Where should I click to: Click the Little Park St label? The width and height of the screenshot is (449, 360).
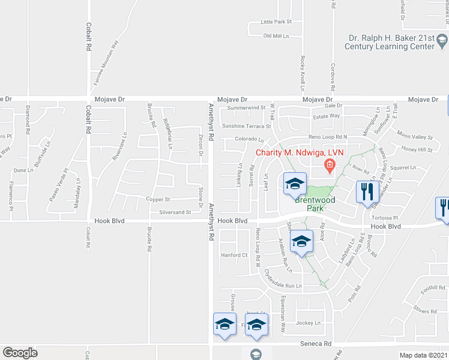point(276,22)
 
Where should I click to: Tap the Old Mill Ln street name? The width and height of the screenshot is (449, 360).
point(276,36)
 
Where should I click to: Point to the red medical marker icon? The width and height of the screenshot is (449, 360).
point(329,164)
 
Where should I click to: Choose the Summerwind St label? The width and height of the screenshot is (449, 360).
point(243,108)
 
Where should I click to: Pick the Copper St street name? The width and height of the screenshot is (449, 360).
point(158,199)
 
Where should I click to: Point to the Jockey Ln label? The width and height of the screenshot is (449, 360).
point(310,323)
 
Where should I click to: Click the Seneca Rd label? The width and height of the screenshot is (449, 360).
point(316,344)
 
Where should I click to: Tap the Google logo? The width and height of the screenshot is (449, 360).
point(20,353)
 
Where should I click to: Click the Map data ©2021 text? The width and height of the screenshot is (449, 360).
point(423,355)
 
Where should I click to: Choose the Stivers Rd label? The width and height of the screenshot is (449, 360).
point(424,311)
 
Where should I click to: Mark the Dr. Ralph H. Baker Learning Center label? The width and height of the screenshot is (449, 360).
point(391,42)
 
